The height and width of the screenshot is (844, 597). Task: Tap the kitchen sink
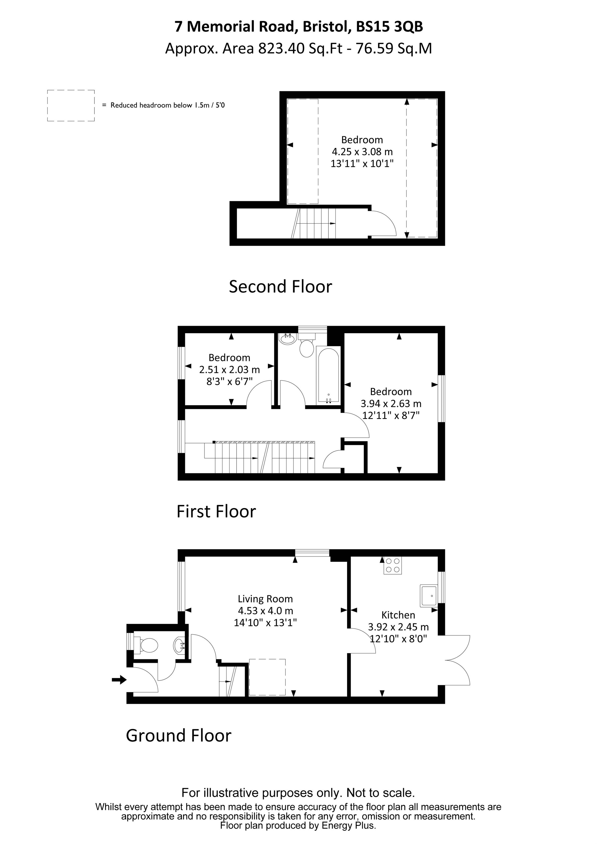point(429,595)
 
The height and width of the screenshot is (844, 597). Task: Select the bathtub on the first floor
point(328,376)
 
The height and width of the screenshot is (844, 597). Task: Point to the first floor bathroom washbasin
point(287,339)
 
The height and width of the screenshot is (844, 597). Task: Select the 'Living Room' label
point(265,599)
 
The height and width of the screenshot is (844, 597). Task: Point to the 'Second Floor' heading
point(281,287)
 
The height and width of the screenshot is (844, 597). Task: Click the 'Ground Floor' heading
point(179,736)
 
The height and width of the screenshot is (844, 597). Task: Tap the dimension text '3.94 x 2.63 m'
point(391,404)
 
